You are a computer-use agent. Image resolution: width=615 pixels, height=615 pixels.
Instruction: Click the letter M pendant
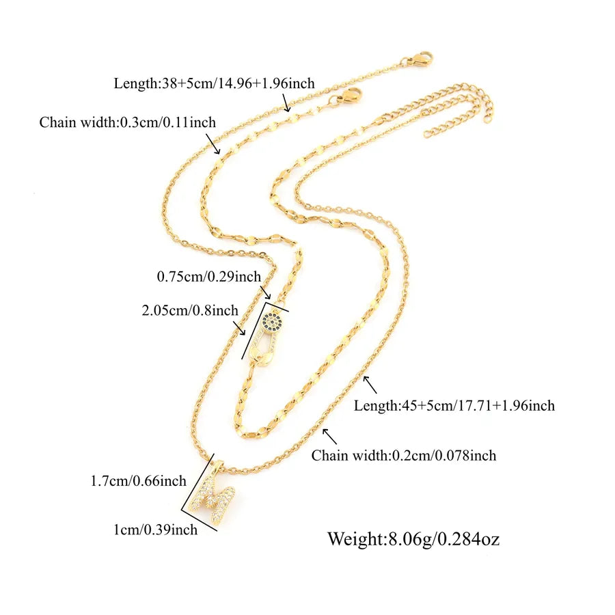212,496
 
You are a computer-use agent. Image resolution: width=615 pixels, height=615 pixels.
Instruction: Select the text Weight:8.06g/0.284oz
413,539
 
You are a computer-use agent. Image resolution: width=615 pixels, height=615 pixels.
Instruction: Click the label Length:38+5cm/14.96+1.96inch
214,83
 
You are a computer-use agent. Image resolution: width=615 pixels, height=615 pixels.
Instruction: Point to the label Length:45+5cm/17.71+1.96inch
454,405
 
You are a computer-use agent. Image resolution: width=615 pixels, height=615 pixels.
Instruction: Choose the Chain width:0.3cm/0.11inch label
128,122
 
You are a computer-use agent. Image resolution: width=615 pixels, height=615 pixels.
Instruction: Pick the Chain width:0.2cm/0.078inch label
404,455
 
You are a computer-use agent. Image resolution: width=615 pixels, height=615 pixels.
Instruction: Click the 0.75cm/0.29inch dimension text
208,277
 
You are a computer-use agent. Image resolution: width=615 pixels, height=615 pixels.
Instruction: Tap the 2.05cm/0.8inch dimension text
190,310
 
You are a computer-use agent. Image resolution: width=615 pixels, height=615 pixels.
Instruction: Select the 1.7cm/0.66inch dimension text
139,481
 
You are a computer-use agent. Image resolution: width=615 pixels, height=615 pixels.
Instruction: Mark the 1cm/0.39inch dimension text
155,530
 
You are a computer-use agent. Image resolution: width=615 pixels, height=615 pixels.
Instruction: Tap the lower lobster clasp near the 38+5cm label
345,97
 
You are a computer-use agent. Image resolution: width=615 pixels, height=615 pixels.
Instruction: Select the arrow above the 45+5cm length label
370,385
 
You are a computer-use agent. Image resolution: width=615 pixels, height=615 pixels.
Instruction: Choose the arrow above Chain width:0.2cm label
329,436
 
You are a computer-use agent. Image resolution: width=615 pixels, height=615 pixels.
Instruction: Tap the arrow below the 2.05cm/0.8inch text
239,328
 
